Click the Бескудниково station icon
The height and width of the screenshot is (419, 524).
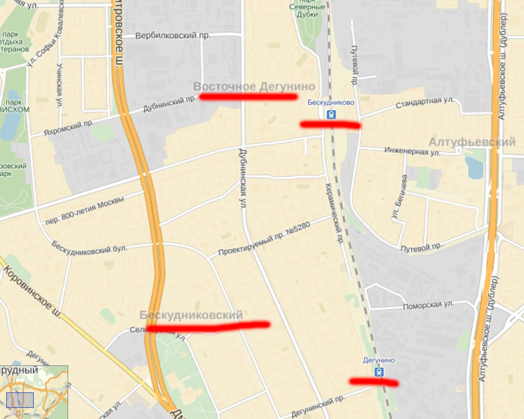click(331, 114)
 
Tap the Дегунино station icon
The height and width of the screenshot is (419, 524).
click(379, 372)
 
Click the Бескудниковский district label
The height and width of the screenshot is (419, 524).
click(191, 315)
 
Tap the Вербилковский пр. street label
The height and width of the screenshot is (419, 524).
click(173, 36)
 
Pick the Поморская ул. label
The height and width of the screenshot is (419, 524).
click(428, 304)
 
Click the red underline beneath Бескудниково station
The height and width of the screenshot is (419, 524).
click(330, 124)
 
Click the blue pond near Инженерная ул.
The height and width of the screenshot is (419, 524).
click(473, 168)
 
